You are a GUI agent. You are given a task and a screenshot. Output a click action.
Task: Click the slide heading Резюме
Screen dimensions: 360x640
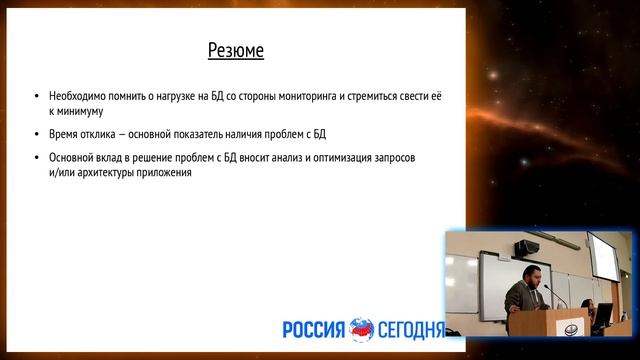[x=235, y=50]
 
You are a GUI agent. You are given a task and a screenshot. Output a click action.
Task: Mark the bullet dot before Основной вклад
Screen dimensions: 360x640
[x=37, y=158]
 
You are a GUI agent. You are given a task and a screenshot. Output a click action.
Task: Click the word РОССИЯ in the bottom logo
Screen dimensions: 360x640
[x=313, y=329]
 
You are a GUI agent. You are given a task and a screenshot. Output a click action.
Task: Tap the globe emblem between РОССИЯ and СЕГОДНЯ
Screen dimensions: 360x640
[x=361, y=329]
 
